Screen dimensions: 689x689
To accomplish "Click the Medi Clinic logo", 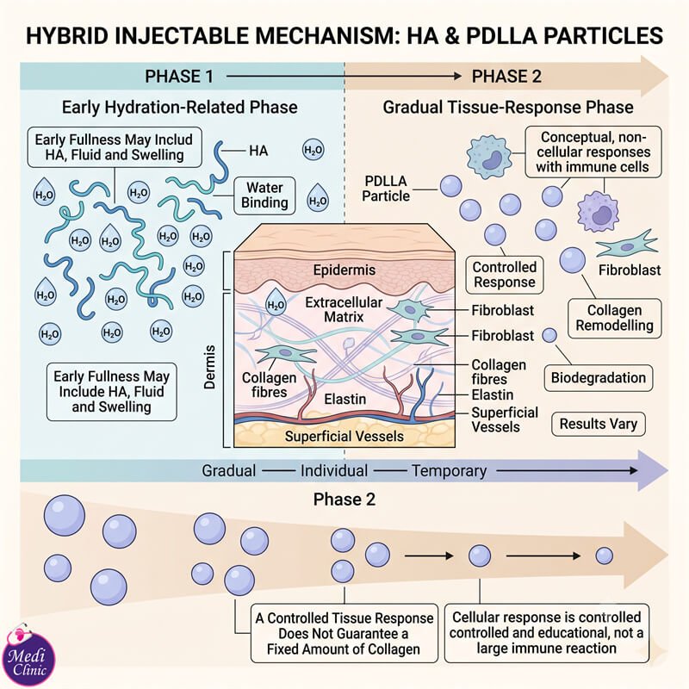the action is [28, 655].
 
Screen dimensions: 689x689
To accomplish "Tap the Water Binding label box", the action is [264, 196].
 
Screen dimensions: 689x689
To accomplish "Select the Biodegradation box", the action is [599, 378].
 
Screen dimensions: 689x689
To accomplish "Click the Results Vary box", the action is [599, 424].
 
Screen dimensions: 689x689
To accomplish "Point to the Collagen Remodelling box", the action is [615, 318].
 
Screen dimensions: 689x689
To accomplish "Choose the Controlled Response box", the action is [505, 275].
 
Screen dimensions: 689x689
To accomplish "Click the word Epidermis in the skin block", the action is [344, 270].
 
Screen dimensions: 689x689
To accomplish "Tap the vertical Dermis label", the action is [209, 367].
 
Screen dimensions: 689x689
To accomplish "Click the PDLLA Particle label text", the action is [386, 189].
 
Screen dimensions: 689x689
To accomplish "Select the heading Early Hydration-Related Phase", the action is [180, 107].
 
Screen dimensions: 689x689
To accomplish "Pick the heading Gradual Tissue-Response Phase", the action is [508, 107].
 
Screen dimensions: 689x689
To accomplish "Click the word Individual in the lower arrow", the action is [334, 470].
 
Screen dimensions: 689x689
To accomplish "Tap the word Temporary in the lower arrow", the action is [449, 470].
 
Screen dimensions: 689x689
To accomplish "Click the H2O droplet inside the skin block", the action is [276, 302].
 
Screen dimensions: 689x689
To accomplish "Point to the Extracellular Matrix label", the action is [344, 309].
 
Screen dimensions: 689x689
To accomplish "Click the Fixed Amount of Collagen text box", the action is [344, 633].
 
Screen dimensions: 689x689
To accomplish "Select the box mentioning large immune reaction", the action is [547, 633].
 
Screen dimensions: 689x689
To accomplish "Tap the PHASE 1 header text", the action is [179, 77].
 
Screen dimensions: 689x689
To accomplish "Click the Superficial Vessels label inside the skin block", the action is [344, 437].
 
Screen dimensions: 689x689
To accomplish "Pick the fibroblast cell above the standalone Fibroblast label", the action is [627, 244].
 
